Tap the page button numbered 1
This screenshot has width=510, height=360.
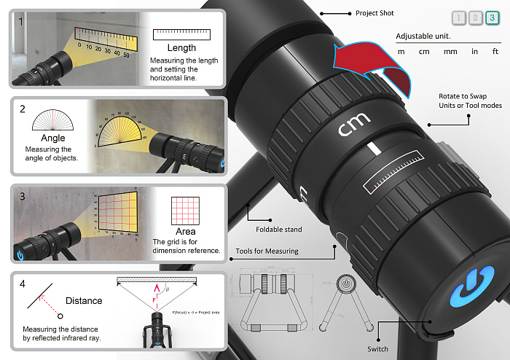tap(458, 18)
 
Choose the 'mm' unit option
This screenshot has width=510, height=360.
tap(450, 52)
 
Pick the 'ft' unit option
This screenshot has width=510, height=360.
tap(495, 52)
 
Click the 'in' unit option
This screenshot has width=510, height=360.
tap(474, 52)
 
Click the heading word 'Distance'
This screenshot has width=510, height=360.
tap(84, 300)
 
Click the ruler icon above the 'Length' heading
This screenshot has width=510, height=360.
tap(181, 34)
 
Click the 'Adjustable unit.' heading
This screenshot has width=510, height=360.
tap(423, 36)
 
